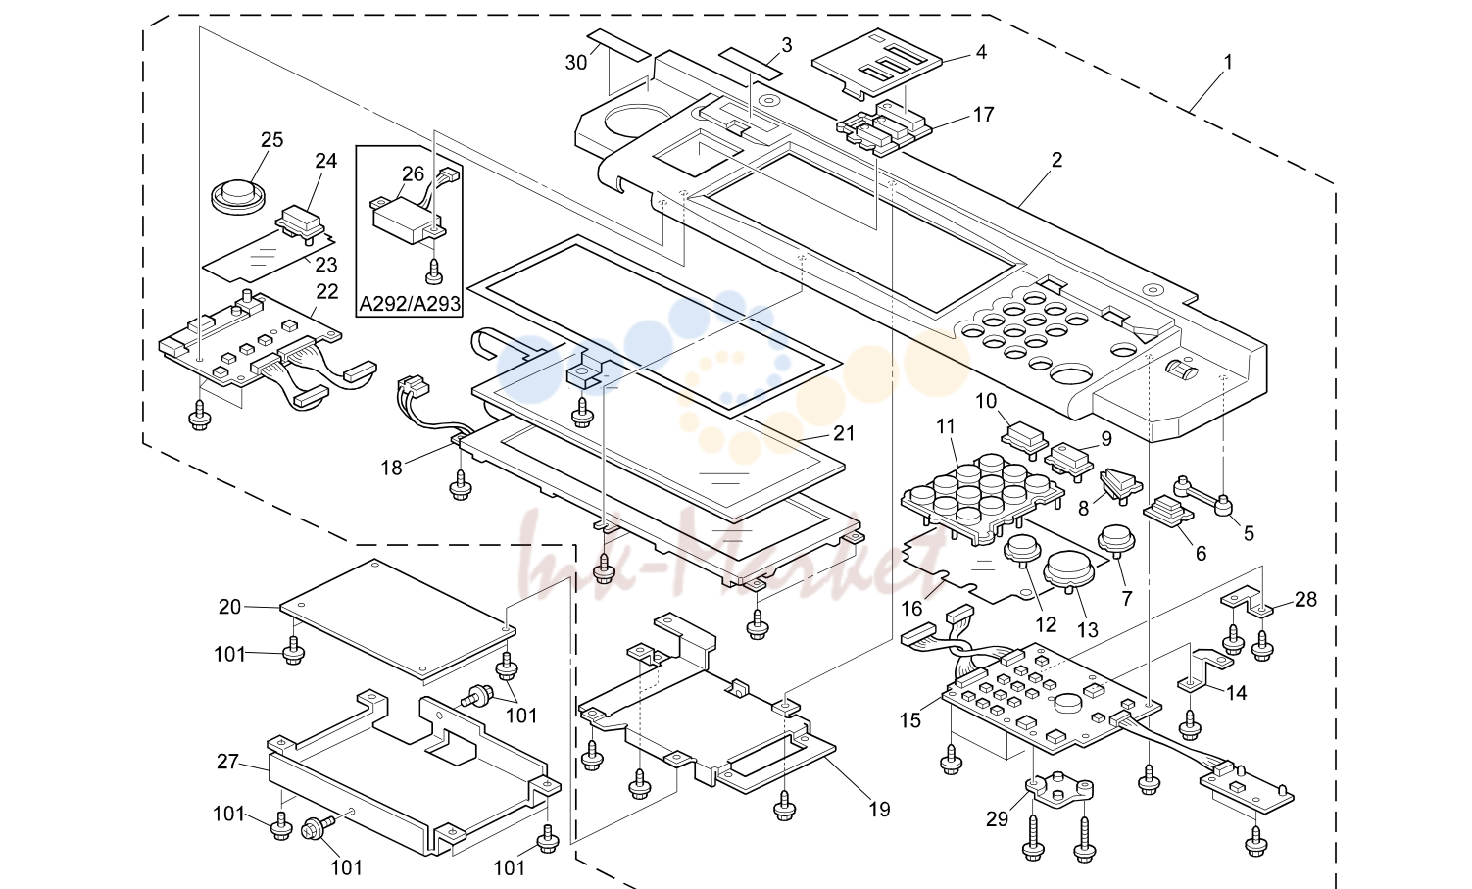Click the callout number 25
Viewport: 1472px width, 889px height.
click(x=272, y=140)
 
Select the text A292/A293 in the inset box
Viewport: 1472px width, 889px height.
click(x=409, y=304)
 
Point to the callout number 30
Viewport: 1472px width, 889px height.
click(x=575, y=63)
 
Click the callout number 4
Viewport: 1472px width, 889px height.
click(x=981, y=52)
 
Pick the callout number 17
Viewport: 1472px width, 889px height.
click(x=983, y=115)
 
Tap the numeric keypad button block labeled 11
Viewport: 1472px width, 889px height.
click(x=982, y=499)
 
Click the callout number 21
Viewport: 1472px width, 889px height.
click(x=844, y=433)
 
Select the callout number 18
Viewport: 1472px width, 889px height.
click(x=392, y=468)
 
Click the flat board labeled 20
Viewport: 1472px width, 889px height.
click(x=398, y=619)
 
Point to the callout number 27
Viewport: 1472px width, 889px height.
click(x=227, y=762)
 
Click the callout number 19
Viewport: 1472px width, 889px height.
click(x=879, y=810)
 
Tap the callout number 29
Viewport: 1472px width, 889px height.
click(x=997, y=819)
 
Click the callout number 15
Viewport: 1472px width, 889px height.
click(x=910, y=720)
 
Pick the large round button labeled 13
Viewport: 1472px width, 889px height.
click(x=1069, y=569)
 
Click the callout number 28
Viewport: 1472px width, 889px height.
click(x=1305, y=599)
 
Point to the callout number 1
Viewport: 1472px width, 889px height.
click(x=1228, y=63)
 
